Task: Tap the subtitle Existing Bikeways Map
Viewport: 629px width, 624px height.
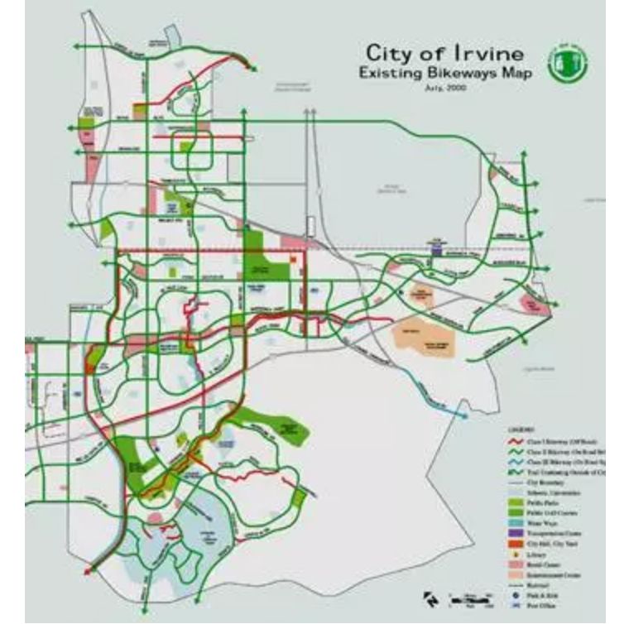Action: pos(445,74)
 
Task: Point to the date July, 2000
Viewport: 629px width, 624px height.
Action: pos(445,88)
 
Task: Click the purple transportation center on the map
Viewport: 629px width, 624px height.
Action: pos(437,244)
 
